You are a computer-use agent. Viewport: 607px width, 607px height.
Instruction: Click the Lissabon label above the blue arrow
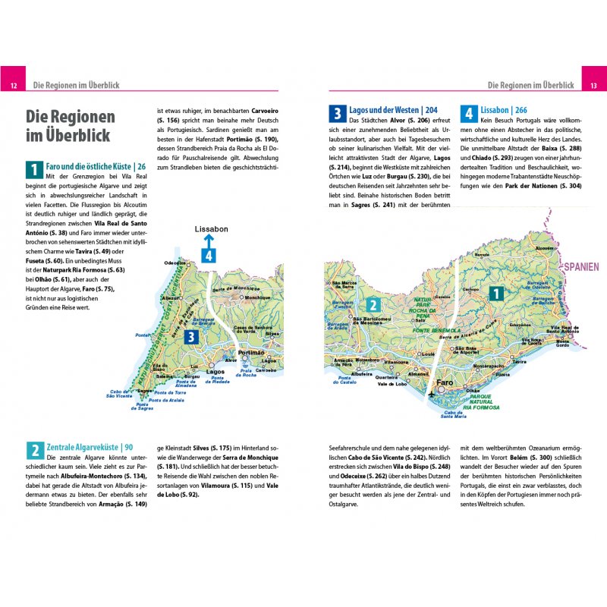coord(211,228)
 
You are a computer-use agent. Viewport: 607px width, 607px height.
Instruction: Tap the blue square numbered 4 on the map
coord(209,255)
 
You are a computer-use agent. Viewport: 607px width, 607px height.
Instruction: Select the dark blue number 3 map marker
coord(193,337)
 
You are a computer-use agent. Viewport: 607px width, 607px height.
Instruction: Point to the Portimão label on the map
coord(250,354)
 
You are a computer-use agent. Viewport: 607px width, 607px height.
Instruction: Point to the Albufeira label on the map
coord(361,374)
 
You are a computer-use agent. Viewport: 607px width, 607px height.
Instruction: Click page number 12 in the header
coord(14,86)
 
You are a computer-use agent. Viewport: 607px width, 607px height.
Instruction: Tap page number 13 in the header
coord(593,86)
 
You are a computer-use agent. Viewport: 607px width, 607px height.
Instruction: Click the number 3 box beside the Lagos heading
coord(337,115)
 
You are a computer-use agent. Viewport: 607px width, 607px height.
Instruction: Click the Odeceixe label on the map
coord(175,263)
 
